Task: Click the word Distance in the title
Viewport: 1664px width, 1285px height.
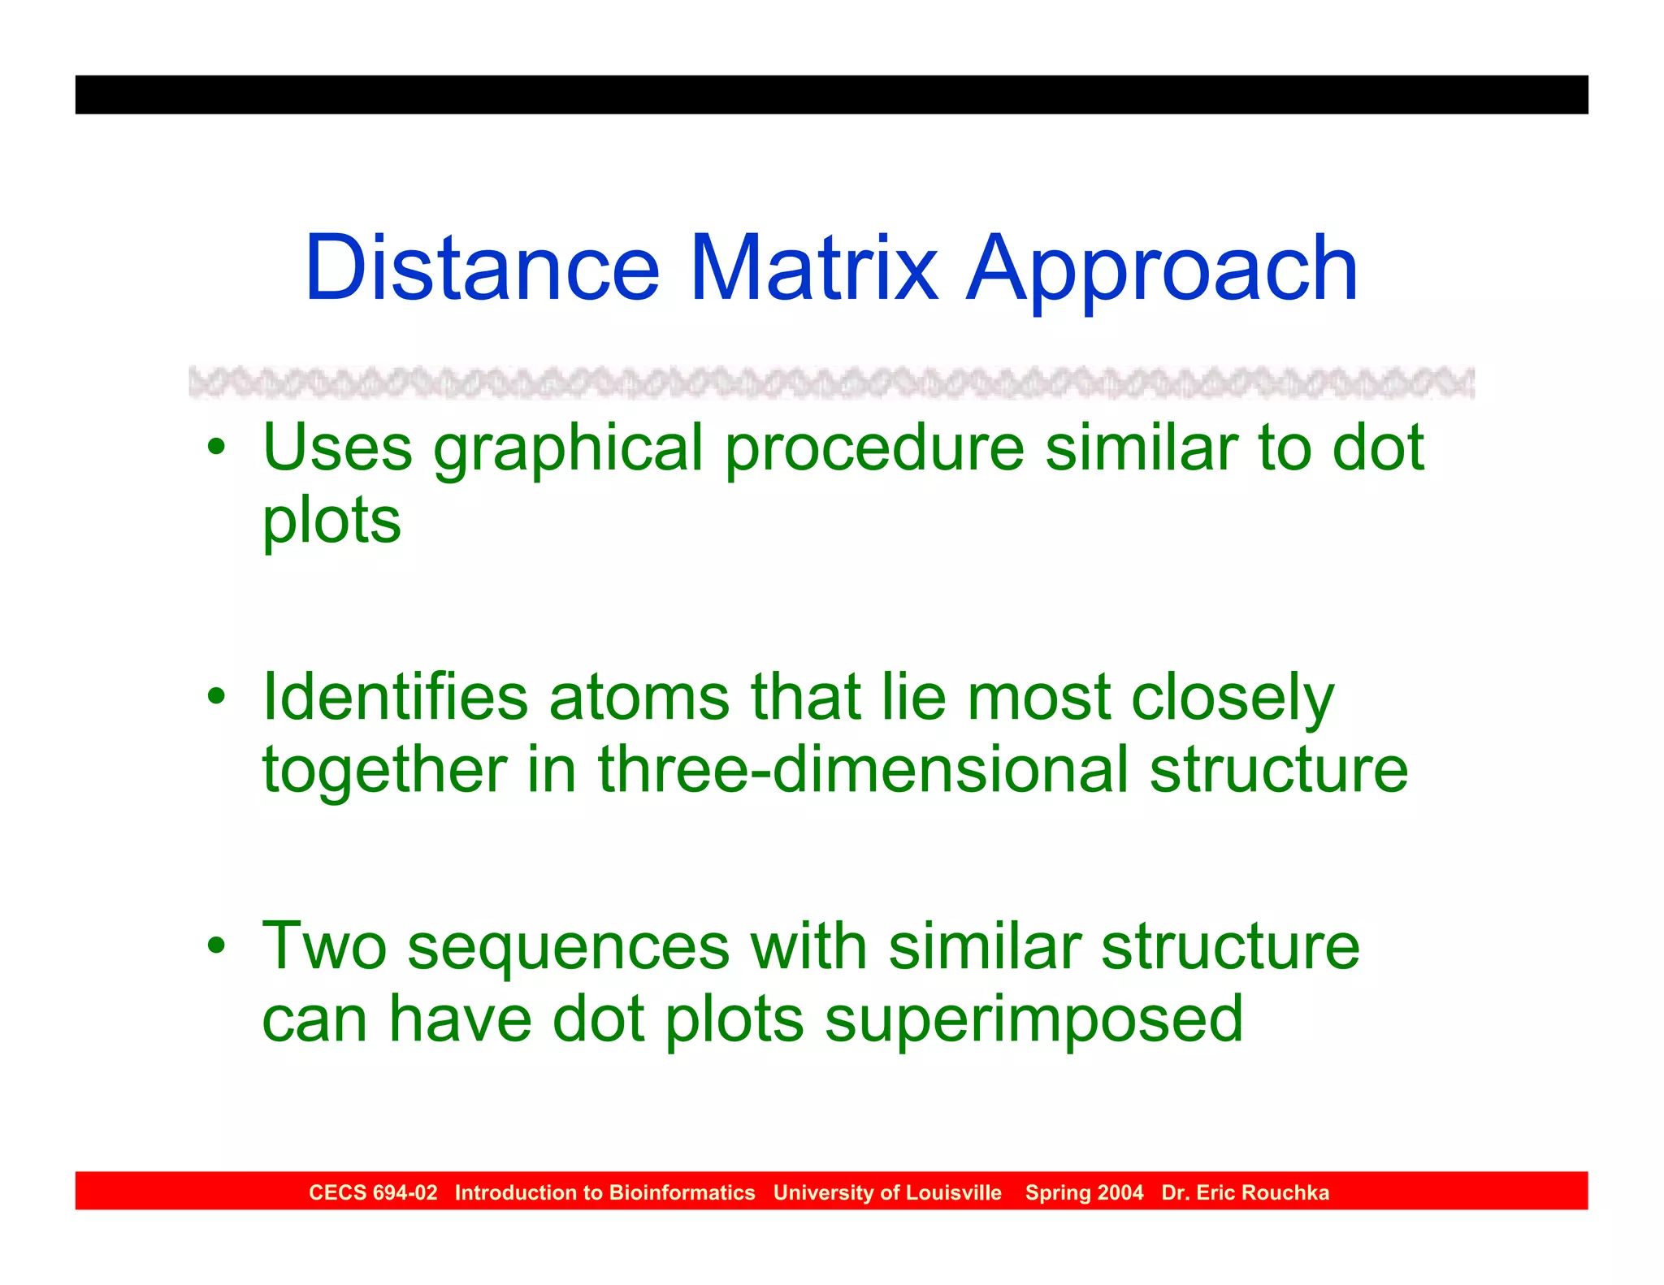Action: click(x=482, y=268)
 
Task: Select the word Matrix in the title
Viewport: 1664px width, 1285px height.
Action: click(x=813, y=268)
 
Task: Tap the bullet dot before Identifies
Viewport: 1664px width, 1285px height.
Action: click(x=215, y=696)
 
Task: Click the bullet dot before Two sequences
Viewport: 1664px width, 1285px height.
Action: click(x=215, y=945)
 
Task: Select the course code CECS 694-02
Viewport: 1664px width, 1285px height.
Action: click(x=373, y=1192)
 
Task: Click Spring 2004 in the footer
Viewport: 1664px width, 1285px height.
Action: click(x=1084, y=1192)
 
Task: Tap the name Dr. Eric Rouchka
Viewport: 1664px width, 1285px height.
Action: click(x=1245, y=1192)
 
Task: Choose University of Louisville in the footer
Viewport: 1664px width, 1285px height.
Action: click(x=887, y=1192)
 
